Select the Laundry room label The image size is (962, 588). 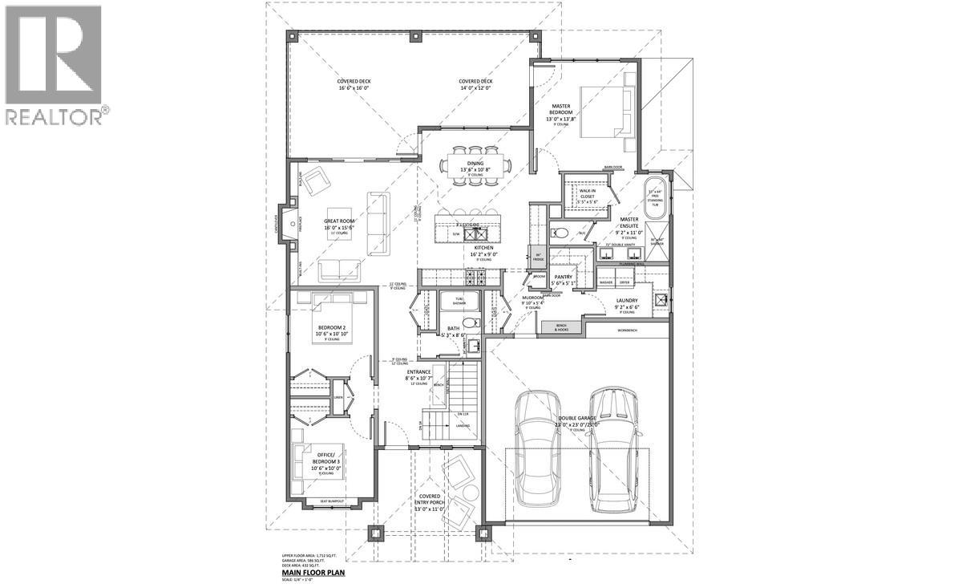point(627,302)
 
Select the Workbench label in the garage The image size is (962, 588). point(627,330)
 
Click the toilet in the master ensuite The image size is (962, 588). point(561,233)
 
